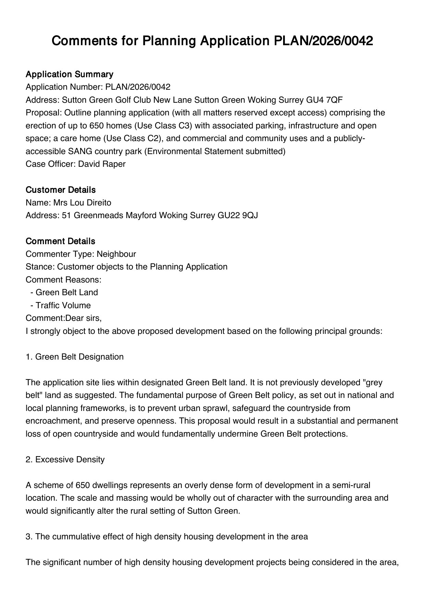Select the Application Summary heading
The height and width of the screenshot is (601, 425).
tap(69, 74)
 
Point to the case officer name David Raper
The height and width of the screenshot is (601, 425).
tap(102, 164)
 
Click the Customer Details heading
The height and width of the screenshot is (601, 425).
tap(61, 190)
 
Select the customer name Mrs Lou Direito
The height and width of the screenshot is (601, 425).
tap(82, 203)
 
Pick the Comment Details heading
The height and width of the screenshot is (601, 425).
tap(60, 241)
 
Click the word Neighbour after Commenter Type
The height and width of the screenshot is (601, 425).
tap(116, 254)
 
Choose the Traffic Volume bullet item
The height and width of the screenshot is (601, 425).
tap(63, 305)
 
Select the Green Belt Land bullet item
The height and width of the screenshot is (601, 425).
tap(66, 292)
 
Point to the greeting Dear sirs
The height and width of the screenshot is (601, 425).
tap(83, 318)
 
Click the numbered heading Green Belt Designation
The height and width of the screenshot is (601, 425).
tap(79, 357)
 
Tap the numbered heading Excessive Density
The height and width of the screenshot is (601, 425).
tap(70, 460)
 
